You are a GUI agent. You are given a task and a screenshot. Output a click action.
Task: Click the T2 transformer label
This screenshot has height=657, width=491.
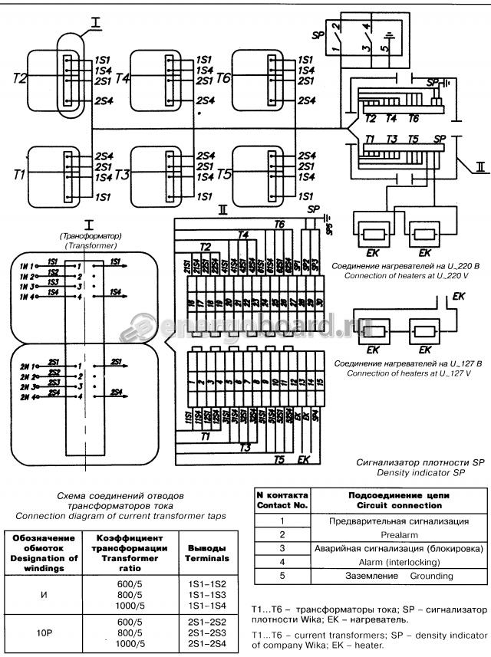pyautogui.click(x=20, y=78)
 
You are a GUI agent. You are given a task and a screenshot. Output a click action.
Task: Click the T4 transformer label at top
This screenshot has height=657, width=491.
pyautogui.click(x=123, y=78)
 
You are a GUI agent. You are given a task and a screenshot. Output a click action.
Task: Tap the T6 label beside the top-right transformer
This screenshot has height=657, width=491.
pyautogui.click(x=223, y=78)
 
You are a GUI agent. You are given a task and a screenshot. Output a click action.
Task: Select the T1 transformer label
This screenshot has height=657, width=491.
pyautogui.click(x=20, y=176)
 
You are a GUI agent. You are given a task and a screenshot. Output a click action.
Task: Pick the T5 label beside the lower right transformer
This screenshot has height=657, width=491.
pyautogui.click(x=223, y=176)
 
